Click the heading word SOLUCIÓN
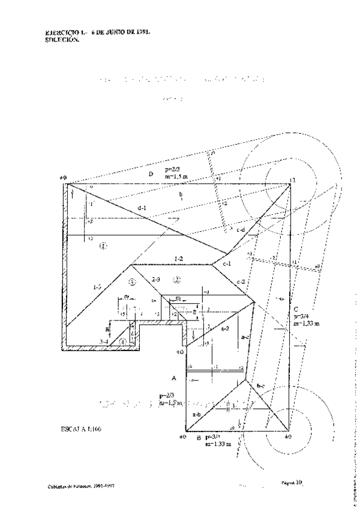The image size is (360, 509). (62, 40)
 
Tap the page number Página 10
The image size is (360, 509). (290, 482)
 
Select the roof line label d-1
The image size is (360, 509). (142, 208)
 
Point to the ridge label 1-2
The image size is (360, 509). (179, 258)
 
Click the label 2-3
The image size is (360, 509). (156, 279)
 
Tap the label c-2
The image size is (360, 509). (241, 282)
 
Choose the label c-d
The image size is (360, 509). (240, 230)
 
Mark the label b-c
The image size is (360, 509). (260, 385)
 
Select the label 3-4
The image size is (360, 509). (104, 342)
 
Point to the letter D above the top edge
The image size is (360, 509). (151, 175)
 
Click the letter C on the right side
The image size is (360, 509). (296, 310)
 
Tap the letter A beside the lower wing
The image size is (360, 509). (173, 379)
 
